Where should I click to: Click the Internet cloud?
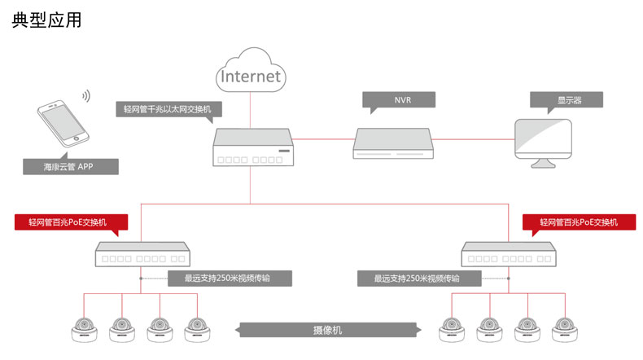pos(251,76)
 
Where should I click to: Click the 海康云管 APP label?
pos(70,167)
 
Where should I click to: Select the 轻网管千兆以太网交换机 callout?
pos(169,109)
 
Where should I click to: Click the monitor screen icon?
pos(544,141)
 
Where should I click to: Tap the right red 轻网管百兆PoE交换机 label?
pos(579,222)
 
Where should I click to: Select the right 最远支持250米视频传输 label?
pos(417,278)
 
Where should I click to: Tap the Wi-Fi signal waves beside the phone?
pos(85,97)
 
